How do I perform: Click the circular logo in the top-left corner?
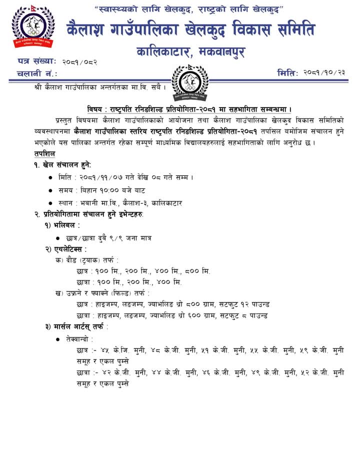pyautogui.click(x=32, y=27)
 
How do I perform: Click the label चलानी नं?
pyautogui.click(x=36, y=73)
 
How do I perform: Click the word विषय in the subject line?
pyautogui.click(x=93, y=109)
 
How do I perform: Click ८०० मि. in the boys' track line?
pyautogui.click(x=199, y=271)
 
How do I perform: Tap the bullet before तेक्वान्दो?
pyautogui.click(x=59, y=339)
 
